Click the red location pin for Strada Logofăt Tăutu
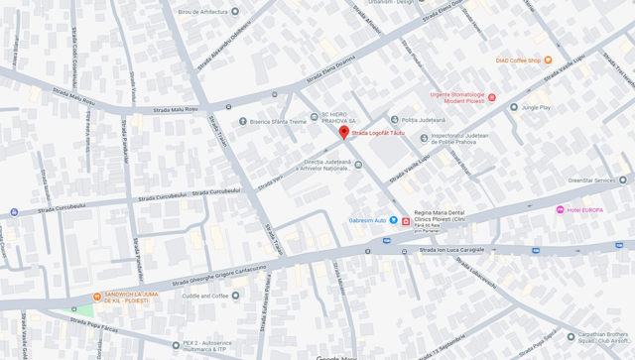click(344, 132)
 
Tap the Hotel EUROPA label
click(585, 210)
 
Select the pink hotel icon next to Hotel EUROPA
click(561, 210)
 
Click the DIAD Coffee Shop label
click(518, 60)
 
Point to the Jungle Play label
click(536, 106)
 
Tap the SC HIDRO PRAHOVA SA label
click(341, 117)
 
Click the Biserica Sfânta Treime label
click(278, 122)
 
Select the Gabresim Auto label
click(366, 219)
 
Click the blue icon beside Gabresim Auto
click(393, 219)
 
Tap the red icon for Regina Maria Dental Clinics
click(405, 221)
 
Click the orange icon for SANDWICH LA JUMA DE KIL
click(96, 297)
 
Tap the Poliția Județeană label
click(417, 120)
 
